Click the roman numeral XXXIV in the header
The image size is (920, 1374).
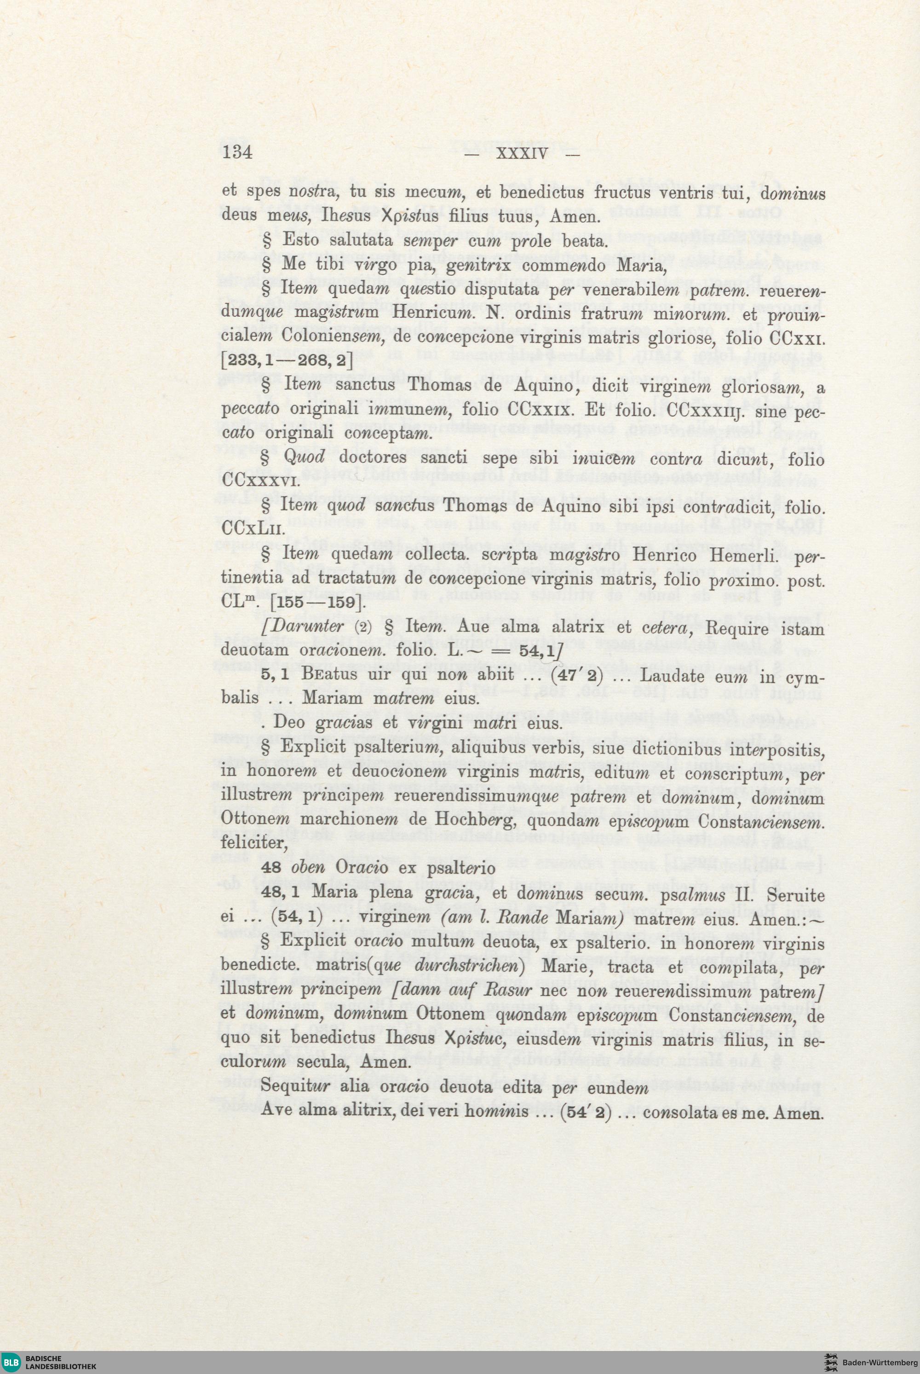pos(521,154)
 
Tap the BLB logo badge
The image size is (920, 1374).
pos(11,1361)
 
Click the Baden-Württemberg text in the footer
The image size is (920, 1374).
pos(880,1362)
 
